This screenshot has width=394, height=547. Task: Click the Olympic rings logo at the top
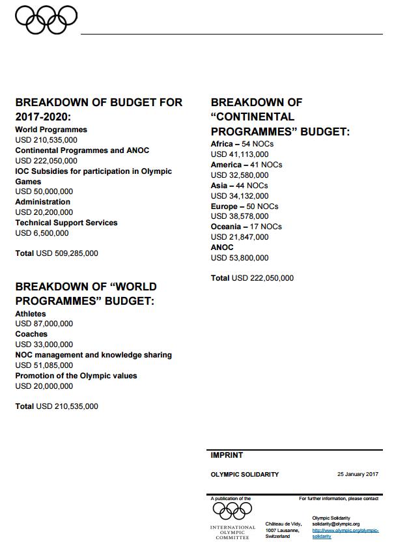46,19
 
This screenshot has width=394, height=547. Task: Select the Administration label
42,202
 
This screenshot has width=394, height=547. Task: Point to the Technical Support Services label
66,223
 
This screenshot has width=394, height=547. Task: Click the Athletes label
30,314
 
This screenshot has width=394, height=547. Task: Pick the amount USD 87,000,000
44,324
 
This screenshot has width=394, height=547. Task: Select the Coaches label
31,334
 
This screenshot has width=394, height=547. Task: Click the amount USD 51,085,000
44,365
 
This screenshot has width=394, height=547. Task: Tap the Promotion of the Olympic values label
76,376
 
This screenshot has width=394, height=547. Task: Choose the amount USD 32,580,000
240,175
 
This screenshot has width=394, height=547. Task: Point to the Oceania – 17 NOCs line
246,227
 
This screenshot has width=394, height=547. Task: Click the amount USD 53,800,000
240,258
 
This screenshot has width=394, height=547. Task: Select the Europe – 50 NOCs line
246,206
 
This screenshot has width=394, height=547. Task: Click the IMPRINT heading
227,455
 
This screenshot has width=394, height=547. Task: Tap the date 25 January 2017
358,474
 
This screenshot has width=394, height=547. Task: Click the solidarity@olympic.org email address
336,524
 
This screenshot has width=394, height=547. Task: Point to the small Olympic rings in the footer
232,510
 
